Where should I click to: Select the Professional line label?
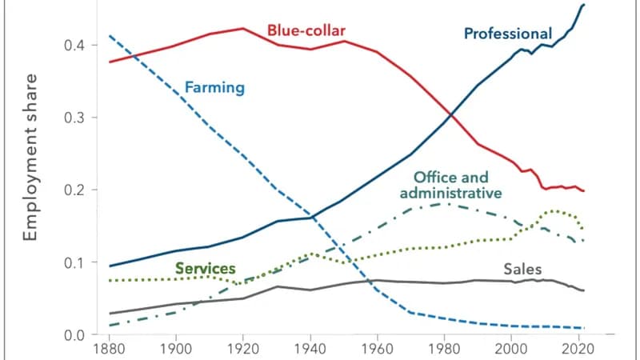point(508,34)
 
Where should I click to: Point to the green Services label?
point(206,268)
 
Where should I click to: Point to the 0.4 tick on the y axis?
point(74,45)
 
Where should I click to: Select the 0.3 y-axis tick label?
point(74,118)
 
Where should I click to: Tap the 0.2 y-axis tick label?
point(74,190)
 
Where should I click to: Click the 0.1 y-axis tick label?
point(74,262)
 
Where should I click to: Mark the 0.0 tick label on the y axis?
point(74,334)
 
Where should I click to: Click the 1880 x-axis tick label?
point(108,350)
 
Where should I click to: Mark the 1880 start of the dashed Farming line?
point(109,35)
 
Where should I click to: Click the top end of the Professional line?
point(584,5)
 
